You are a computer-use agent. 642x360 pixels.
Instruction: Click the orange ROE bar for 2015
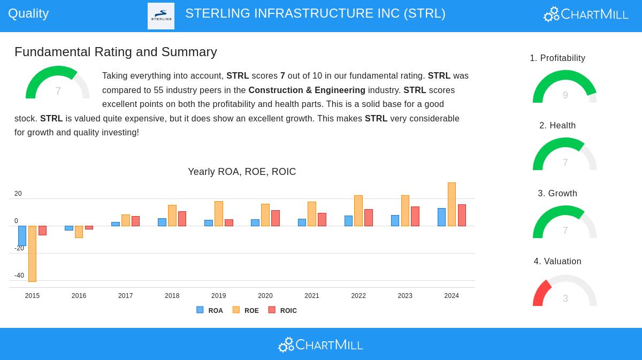(32, 254)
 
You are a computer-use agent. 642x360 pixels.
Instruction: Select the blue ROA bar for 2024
(441, 217)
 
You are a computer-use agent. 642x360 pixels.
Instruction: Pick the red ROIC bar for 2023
(415, 216)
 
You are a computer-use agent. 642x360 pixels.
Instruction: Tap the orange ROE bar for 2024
(452, 204)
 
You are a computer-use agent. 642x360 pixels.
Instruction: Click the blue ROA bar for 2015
(22, 236)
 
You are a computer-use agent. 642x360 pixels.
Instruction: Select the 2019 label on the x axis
(218, 296)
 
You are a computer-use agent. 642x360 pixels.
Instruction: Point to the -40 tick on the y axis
(19, 275)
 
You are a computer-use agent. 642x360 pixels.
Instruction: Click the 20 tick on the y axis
(18, 194)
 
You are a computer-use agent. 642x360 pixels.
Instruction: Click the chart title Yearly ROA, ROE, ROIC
(242, 172)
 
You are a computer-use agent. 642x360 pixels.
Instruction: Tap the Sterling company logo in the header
(161, 16)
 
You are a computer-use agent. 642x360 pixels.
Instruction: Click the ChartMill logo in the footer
(320, 345)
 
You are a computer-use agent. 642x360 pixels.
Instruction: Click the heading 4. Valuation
(557, 262)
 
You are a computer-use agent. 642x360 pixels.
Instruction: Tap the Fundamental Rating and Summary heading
(116, 52)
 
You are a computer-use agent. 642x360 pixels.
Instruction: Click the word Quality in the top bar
(28, 13)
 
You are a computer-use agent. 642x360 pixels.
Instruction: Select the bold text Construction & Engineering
(307, 90)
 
